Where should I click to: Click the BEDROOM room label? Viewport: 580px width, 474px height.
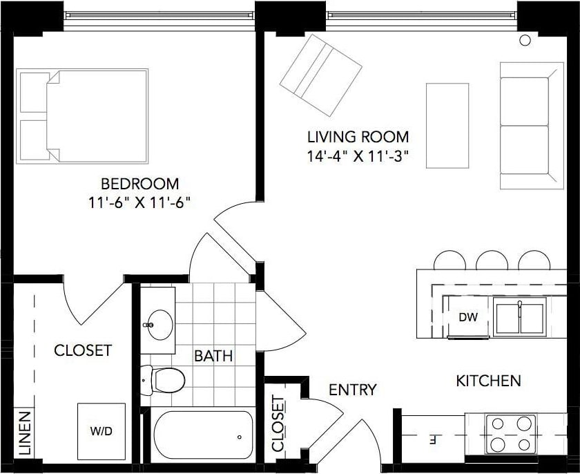[x=139, y=184]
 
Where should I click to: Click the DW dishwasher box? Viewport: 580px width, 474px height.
[x=468, y=318]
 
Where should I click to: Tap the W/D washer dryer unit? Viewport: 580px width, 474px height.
[x=101, y=430]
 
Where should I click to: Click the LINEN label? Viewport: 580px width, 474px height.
[x=24, y=433]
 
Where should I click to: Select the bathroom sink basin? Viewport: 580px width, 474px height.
[x=160, y=322]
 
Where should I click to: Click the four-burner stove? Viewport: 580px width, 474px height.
[x=510, y=433]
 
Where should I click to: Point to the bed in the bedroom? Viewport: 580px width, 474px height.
[x=84, y=116]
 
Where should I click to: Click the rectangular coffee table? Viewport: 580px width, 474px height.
[x=447, y=125]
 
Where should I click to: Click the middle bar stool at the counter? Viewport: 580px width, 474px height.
[x=492, y=260]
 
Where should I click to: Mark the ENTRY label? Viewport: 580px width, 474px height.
[x=352, y=390]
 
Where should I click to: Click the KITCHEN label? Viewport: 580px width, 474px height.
[x=487, y=381]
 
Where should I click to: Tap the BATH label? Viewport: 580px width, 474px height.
[x=213, y=357]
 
